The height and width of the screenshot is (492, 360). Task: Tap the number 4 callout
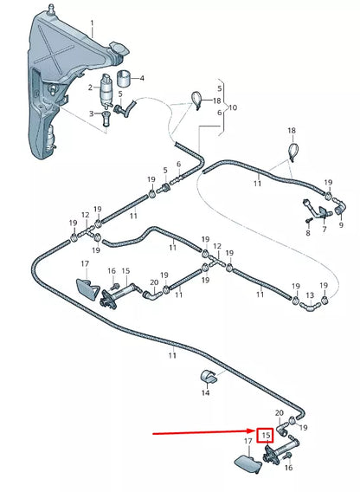[142, 79]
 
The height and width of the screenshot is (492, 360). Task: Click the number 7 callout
[324, 231]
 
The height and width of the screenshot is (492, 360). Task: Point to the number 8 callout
[306, 221]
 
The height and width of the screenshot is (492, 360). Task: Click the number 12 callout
[85, 215]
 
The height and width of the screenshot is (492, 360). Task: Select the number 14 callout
[205, 392]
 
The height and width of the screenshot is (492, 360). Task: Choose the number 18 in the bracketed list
[216, 101]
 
